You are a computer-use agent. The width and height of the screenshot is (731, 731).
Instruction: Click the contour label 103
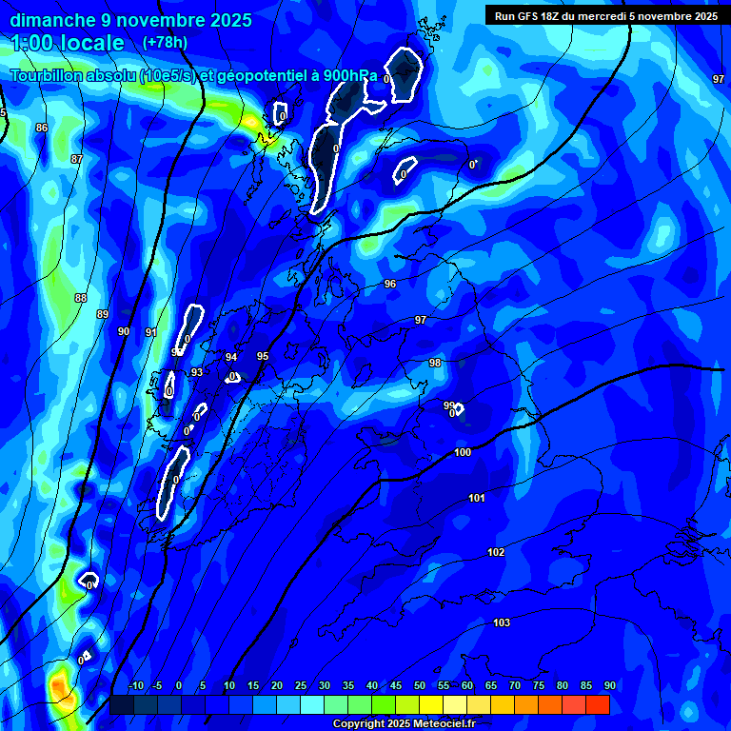click(x=502, y=622)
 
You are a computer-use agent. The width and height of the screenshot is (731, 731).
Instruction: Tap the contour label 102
click(x=496, y=552)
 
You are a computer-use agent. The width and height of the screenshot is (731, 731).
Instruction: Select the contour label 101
click(x=477, y=498)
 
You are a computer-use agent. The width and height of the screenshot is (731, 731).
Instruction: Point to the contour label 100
click(x=463, y=452)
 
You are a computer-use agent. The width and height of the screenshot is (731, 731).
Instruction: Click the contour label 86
click(x=42, y=128)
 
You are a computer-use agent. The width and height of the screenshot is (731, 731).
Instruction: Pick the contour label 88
click(x=81, y=298)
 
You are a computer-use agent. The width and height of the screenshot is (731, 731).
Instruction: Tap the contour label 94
click(x=231, y=357)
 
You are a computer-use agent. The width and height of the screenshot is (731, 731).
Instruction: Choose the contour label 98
click(x=435, y=363)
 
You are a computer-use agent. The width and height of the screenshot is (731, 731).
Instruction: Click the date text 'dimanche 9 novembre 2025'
click(x=130, y=20)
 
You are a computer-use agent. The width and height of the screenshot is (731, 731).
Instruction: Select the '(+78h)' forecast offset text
click(x=165, y=42)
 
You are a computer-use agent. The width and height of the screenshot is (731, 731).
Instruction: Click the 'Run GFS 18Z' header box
click(x=606, y=16)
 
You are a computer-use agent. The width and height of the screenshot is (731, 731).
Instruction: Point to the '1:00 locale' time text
click(x=68, y=43)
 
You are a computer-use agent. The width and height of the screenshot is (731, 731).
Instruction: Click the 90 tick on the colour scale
click(x=609, y=685)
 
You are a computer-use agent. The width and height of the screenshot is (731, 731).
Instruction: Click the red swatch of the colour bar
click(x=597, y=704)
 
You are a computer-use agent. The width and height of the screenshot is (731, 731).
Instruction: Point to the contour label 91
click(x=150, y=332)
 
